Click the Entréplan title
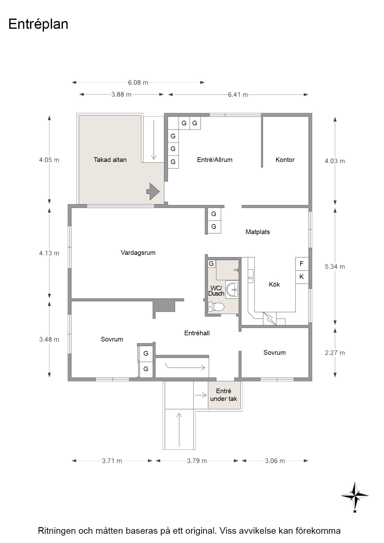(38, 24)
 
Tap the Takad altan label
(110, 160)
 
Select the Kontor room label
(285, 160)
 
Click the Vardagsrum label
(138, 253)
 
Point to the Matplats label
(258, 232)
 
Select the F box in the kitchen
(302, 264)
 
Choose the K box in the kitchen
(302, 277)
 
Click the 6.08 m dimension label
(138, 83)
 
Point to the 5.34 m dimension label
(335, 267)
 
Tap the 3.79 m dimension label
(197, 461)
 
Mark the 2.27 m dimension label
(335, 353)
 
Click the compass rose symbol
(355, 496)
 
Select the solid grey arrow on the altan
(153, 192)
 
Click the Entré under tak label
(224, 395)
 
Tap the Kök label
(274, 285)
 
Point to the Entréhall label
(197, 333)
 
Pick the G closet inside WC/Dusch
(212, 264)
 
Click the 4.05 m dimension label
(49, 160)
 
